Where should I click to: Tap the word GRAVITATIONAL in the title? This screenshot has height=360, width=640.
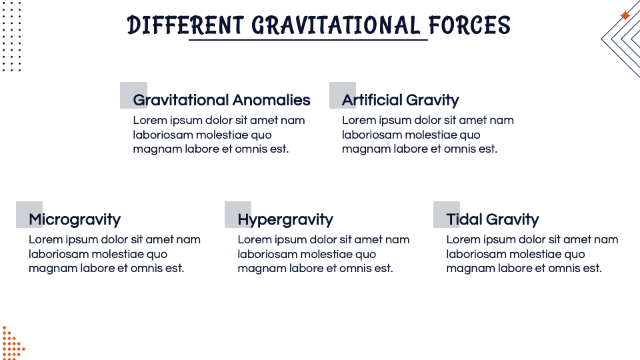coord(336,25)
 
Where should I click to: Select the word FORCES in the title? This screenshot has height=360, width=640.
coord(469,25)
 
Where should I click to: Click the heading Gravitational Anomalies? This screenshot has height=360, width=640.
coord(221,100)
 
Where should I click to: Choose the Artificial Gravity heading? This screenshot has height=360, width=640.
coord(400,100)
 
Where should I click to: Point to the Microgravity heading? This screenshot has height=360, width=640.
coord(75,219)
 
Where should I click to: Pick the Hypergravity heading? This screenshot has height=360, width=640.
coord(285,219)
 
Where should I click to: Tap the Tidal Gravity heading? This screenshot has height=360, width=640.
coord(492,219)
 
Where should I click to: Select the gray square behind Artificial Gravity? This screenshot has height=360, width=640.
coord(337,89)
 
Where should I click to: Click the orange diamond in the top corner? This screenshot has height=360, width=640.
coord(625,15)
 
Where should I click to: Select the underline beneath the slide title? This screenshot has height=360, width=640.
coord(308,40)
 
